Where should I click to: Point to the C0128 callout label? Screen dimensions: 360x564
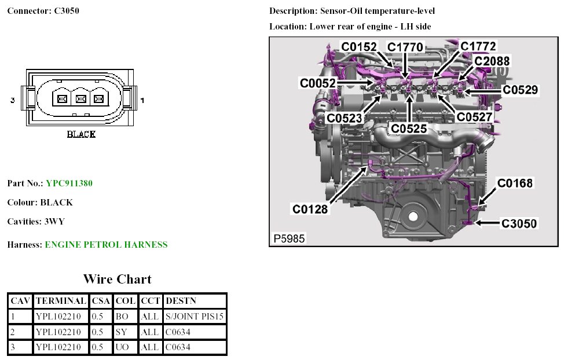(310, 209)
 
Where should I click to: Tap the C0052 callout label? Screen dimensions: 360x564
(317, 83)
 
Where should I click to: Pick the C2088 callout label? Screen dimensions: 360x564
(492, 61)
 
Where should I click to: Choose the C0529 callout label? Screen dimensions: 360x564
(520, 90)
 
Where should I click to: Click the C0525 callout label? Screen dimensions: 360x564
(409, 128)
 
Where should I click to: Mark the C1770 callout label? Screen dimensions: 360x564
(405, 47)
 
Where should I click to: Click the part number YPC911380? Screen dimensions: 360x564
(69, 183)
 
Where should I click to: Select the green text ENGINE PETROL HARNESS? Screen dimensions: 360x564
(106, 245)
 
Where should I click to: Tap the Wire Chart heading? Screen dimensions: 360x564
(117, 279)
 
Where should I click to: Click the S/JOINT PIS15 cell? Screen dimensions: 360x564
(195, 317)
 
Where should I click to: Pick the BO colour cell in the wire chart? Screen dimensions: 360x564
(122, 317)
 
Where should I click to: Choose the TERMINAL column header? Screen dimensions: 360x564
(61, 301)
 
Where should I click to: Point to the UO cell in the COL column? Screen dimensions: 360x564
(122, 347)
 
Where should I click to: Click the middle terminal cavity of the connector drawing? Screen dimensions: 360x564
(81, 100)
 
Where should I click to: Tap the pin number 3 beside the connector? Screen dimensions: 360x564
(12, 101)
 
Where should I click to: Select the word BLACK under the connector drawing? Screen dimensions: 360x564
(81, 134)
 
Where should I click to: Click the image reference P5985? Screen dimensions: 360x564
(289, 238)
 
